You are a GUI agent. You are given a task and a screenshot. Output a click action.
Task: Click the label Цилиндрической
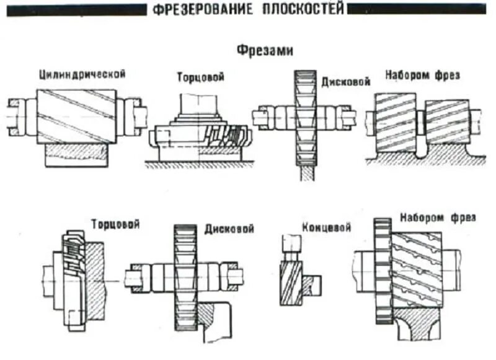pos(81,74)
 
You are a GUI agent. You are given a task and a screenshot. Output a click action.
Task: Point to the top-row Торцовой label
pos(200,77)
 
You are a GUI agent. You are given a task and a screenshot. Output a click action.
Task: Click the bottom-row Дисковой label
pos(229,229)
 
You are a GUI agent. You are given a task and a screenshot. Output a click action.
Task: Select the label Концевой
pos(327,227)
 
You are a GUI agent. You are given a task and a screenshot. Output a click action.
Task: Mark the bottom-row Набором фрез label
pos(438,218)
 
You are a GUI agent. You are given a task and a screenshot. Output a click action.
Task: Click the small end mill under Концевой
pos(290,282)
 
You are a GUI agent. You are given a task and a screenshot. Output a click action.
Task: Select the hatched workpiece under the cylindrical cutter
pos(77,155)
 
